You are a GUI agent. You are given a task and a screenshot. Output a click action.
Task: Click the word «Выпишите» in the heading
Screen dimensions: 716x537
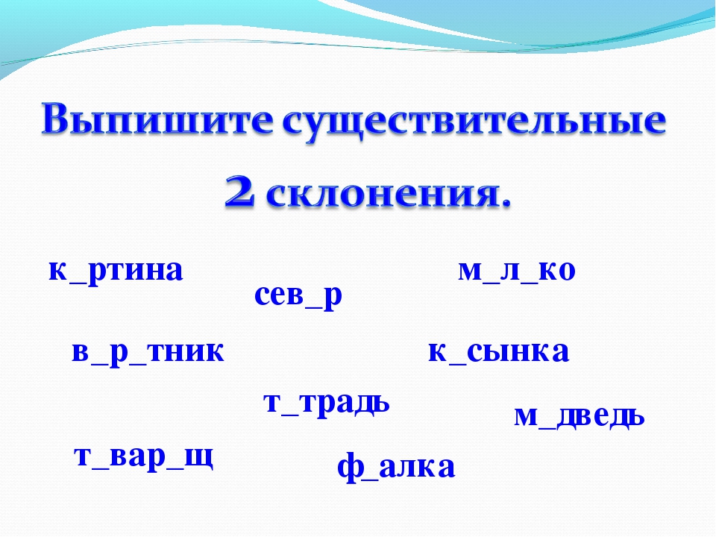[x=157, y=119]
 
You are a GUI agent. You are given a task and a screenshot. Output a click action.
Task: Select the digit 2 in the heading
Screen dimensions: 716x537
[x=239, y=192]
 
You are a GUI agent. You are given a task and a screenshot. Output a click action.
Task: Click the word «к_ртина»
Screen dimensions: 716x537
[x=116, y=270]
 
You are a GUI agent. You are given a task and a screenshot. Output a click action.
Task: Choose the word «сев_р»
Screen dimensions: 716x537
[x=298, y=295]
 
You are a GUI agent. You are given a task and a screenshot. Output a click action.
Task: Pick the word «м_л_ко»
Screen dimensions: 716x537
[x=516, y=270]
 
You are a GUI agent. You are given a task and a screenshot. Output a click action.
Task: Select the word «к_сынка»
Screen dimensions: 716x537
[x=499, y=351]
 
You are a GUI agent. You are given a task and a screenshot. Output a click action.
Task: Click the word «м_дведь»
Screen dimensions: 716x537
[x=580, y=416]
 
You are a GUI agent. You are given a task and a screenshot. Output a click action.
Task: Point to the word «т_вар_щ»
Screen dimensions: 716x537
[x=143, y=456]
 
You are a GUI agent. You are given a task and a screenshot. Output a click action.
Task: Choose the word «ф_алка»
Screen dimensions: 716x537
[x=396, y=467]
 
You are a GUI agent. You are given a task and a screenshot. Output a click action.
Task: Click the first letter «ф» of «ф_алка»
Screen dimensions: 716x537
[x=349, y=467]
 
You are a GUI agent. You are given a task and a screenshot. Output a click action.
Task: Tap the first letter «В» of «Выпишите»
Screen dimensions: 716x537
[x=57, y=119]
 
